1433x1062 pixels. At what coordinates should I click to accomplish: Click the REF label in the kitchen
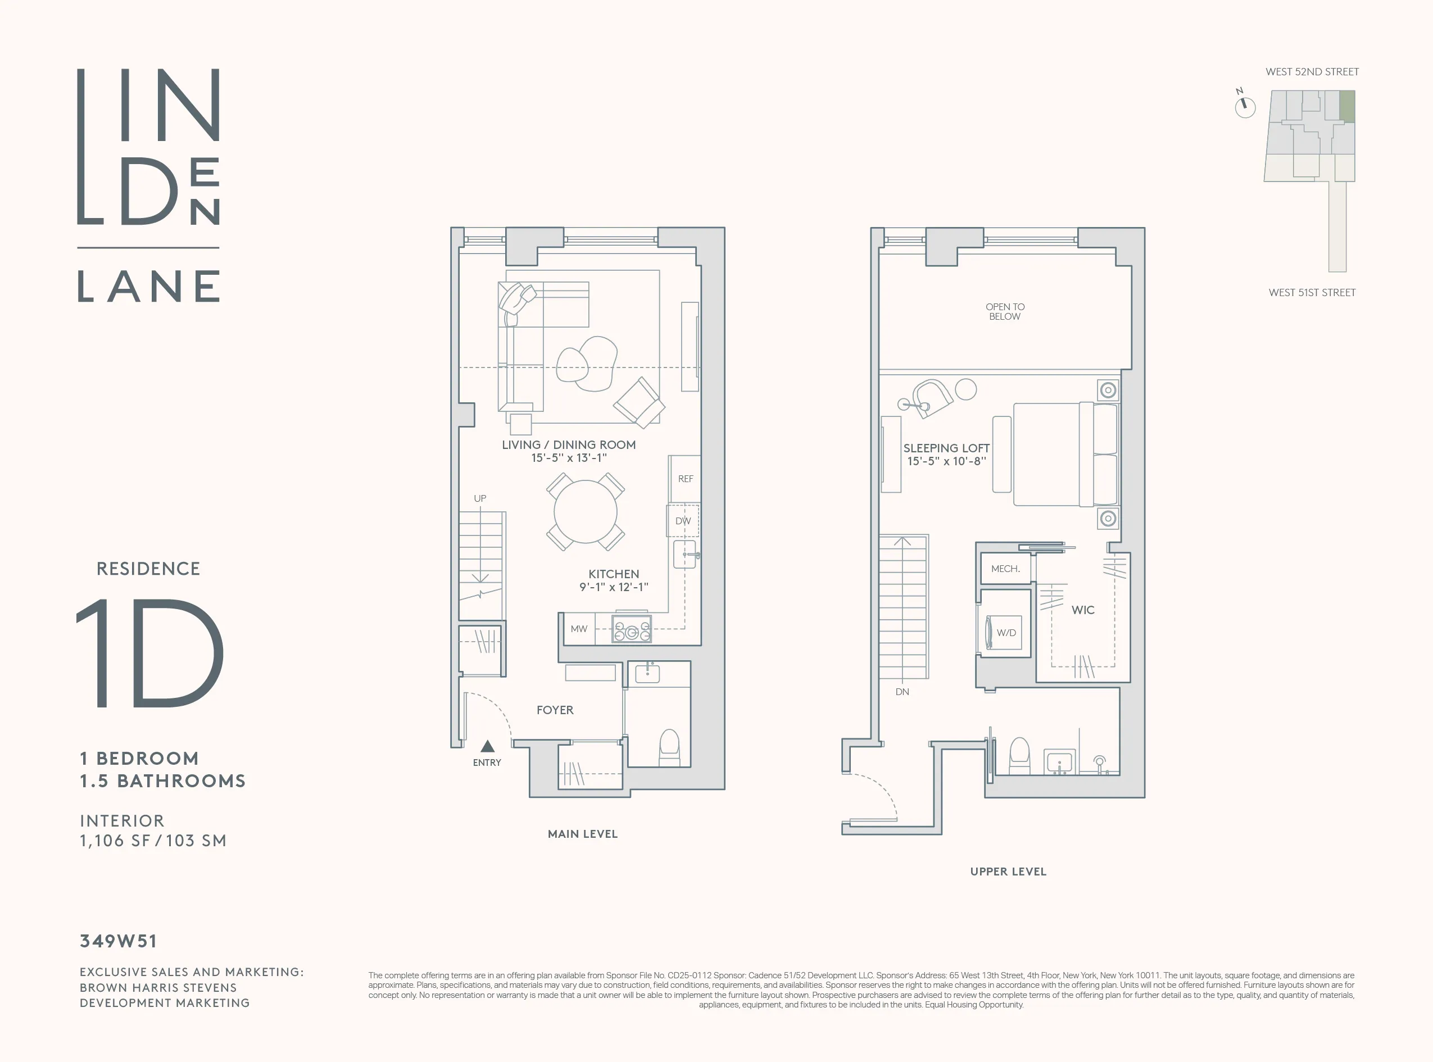(686, 479)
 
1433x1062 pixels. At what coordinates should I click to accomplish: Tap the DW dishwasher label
(683, 521)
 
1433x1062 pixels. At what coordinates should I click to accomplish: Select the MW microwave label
(579, 629)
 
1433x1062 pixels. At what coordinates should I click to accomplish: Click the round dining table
(585, 512)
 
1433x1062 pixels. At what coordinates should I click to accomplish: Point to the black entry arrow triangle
(487, 746)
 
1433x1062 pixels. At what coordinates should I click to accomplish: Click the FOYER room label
(555, 710)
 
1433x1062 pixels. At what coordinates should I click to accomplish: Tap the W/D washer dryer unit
(1005, 633)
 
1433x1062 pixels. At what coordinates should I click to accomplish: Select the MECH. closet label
(1005, 569)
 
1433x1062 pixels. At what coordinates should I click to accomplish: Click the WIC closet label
(1083, 610)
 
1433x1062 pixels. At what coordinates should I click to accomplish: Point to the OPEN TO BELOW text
(1005, 312)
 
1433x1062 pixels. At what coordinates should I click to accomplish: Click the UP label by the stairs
(479, 498)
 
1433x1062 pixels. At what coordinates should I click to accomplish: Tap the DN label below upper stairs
(902, 692)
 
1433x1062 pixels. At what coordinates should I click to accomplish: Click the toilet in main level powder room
(669, 748)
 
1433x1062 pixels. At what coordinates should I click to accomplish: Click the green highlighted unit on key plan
(1347, 106)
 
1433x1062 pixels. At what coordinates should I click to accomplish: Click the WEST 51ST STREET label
(1312, 293)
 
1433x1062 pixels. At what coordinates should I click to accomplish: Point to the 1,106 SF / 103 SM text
(153, 841)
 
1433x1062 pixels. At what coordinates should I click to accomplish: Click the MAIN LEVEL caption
(582, 834)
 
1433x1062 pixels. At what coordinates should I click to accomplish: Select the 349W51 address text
(118, 941)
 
